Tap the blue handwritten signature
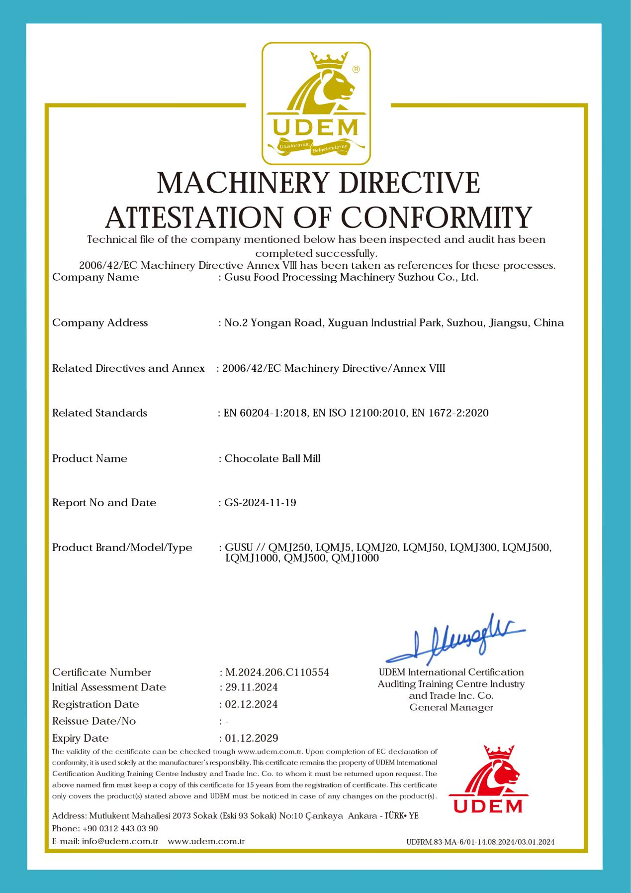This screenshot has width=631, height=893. coord(455,639)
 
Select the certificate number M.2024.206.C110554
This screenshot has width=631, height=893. coord(277,672)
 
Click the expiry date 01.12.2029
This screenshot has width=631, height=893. coord(251,738)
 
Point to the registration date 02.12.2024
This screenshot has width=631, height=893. coord(251,704)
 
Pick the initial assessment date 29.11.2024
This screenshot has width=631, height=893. coord(251,687)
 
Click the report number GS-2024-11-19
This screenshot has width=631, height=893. coord(260,503)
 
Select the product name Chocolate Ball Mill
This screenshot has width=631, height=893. coord(272,458)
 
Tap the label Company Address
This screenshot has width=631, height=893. coord(100,323)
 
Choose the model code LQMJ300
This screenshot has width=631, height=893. coord(474,548)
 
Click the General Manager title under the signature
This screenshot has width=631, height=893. coord(451,707)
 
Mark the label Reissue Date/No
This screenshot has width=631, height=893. coord(94,721)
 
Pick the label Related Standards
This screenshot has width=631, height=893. coord(99,413)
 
